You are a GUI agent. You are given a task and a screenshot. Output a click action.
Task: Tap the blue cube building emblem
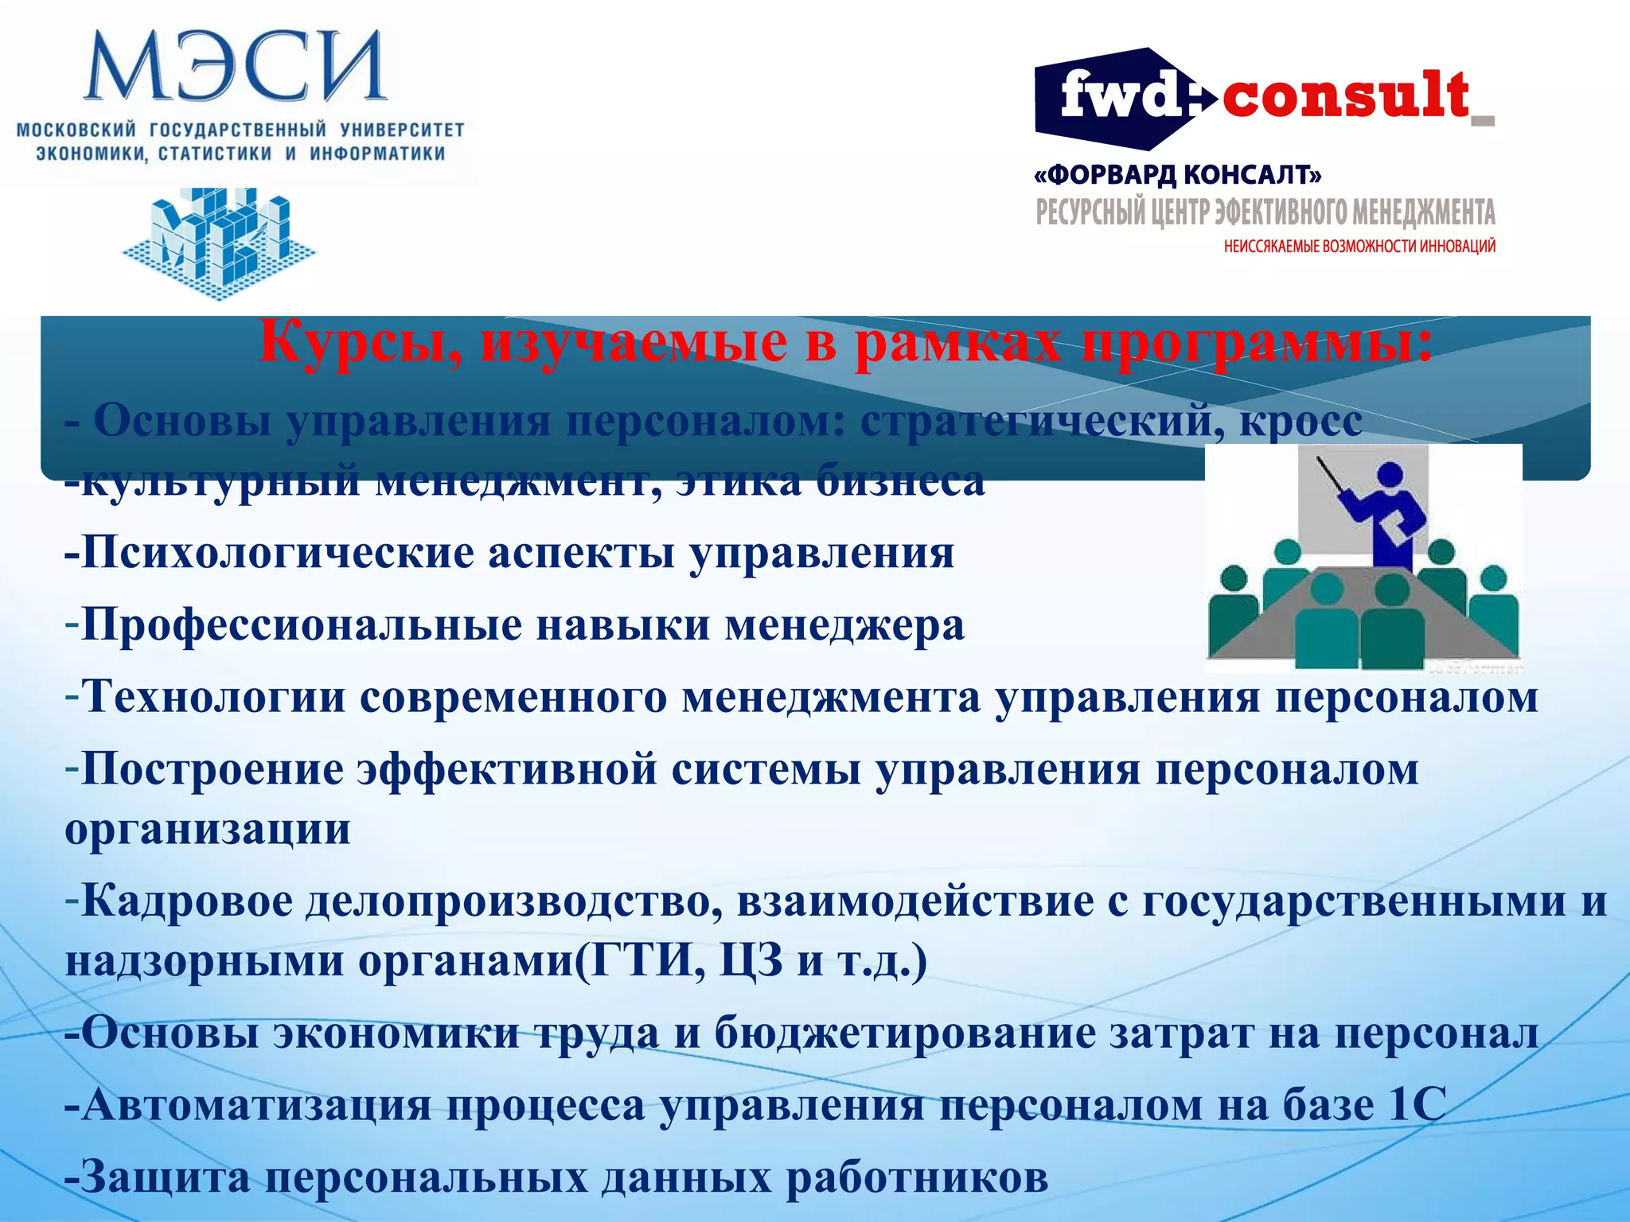tap(219, 242)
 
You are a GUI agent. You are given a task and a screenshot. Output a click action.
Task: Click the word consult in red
tap(1345, 95)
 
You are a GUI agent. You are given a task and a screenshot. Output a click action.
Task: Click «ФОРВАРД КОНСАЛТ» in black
tap(1178, 174)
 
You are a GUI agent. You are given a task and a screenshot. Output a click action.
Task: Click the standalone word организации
tap(207, 830)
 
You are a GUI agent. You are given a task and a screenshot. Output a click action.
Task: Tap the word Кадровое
tap(186, 902)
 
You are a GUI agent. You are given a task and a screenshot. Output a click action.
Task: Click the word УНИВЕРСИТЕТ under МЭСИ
tap(402, 130)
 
